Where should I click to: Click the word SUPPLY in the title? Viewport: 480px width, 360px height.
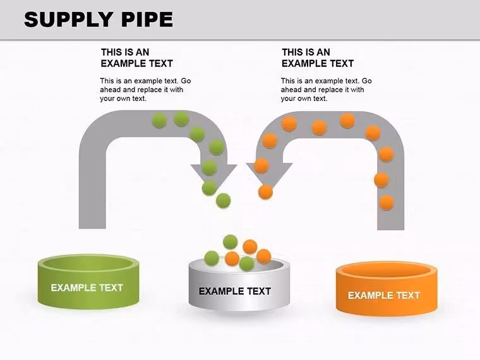(68, 20)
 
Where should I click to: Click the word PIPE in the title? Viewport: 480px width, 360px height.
(147, 20)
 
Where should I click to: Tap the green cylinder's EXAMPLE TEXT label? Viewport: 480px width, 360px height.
(87, 288)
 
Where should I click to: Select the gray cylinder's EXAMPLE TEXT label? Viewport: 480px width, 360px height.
(235, 291)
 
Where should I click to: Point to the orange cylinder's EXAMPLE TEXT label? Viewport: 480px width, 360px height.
(384, 296)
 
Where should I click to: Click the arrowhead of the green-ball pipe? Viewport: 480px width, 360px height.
(213, 174)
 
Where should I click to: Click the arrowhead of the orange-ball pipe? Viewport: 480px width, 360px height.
(270, 174)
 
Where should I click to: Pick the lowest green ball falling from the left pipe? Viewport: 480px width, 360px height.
(223, 200)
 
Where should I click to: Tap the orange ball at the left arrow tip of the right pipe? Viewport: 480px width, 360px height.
(265, 192)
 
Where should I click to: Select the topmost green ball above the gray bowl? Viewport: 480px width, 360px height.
(230, 242)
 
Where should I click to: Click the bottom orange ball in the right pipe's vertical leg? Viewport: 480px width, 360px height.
(387, 203)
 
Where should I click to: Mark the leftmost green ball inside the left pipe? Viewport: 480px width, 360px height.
(159, 120)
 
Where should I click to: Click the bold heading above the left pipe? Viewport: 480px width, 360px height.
(136, 58)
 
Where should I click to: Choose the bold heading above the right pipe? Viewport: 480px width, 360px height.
(318, 58)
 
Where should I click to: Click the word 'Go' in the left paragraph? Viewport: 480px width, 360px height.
(186, 81)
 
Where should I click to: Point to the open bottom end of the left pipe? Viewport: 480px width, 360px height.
(92, 228)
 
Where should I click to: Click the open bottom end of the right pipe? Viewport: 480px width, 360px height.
(390, 229)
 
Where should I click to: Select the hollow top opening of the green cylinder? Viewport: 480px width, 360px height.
(88, 263)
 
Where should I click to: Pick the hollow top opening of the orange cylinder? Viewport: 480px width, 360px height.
(387, 270)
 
